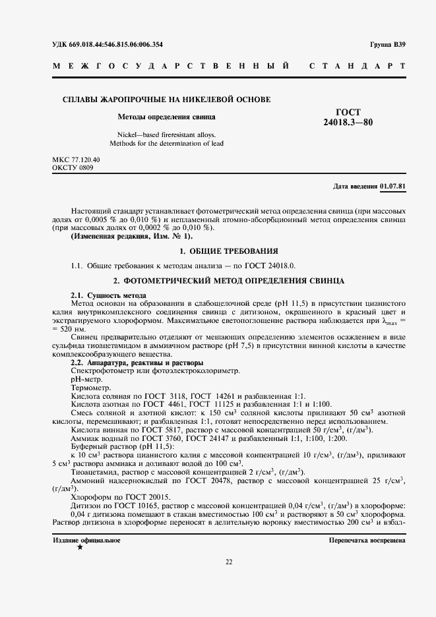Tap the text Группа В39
pyautogui.click(x=388, y=44)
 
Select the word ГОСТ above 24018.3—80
pyautogui.click(x=348, y=112)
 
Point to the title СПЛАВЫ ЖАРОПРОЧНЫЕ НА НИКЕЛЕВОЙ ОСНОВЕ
pyautogui.click(x=166, y=100)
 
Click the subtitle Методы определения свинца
pyautogui.click(x=166, y=117)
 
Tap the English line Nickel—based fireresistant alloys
pyautogui.click(x=166, y=134)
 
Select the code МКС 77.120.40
pyautogui.click(x=76, y=160)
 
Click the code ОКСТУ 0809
pyautogui.click(x=73, y=168)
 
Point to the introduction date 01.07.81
pyautogui.click(x=392, y=187)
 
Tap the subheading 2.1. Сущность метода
pyautogui.click(x=108, y=295)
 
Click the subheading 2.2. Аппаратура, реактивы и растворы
pyautogui.click(x=137, y=363)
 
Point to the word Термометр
pyautogui.click(x=90, y=389)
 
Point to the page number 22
pyautogui.click(x=229, y=562)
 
